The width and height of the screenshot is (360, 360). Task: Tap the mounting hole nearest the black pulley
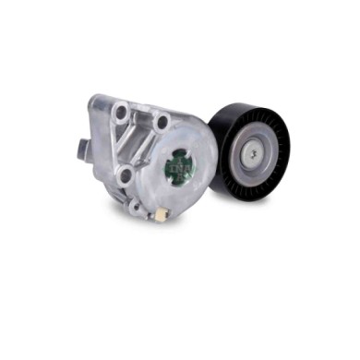coord(163,121)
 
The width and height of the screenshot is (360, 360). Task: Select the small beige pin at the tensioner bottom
coord(160,214)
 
